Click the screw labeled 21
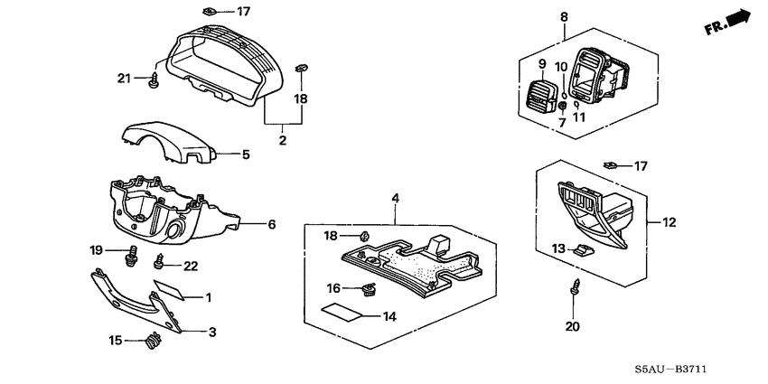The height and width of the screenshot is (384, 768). [153, 80]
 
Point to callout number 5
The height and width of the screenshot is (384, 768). [244, 155]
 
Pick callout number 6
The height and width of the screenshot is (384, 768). [269, 223]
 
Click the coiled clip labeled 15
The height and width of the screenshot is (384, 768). [152, 342]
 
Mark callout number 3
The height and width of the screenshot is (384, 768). [213, 332]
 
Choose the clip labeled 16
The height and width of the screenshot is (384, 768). [367, 289]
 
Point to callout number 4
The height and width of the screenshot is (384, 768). [394, 196]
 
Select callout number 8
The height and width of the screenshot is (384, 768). [564, 17]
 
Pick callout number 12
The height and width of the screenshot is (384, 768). [669, 221]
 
